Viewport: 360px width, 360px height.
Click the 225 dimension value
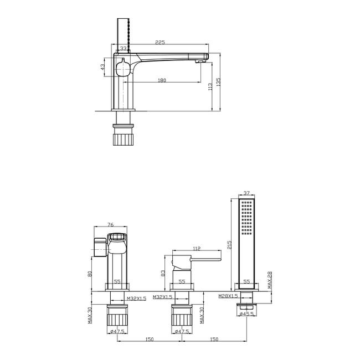160,42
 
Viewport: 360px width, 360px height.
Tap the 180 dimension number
162,80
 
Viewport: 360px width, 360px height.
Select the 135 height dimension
218,82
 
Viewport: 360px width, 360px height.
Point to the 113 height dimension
210,86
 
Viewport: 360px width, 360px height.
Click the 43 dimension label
102,67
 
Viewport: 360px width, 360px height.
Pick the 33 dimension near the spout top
124,48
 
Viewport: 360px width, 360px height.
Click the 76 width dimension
110,225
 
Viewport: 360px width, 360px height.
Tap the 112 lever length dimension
197,249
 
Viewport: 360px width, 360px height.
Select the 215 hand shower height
229,245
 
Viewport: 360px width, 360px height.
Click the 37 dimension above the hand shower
246,193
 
